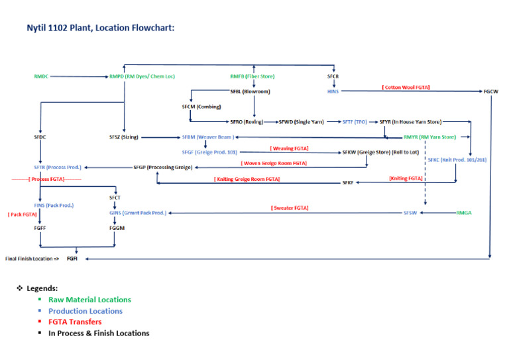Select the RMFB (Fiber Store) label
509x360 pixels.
point(254,77)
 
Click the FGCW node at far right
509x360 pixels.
point(490,91)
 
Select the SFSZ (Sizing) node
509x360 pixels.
point(124,137)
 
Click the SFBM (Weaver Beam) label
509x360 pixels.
point(207,137)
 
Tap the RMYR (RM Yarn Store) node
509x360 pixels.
point(429,137)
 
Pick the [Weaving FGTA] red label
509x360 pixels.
point(290,148)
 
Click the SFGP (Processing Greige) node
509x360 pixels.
point(162,167)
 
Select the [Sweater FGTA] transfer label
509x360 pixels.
point(290,208)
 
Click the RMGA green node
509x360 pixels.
point(465,213)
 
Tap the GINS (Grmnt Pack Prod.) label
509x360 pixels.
point(138,213)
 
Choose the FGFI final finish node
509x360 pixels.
point(72,259)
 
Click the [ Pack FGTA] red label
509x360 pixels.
point(23,215)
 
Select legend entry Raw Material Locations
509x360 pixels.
point(89,300)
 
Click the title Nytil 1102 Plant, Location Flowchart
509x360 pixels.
point(100,29)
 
